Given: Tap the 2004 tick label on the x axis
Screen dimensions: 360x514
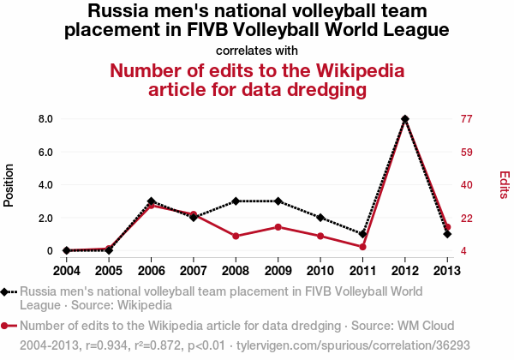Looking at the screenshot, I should coord(67,271).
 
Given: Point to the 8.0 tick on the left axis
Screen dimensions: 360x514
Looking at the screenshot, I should coord(45,119).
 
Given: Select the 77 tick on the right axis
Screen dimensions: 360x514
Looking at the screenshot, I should coord(467,119).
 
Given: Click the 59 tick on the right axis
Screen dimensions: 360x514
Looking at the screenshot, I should coord(467,152).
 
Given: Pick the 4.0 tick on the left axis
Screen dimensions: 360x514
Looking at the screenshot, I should coord(45,185).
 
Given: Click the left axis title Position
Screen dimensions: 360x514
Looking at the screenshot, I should coord(9,185).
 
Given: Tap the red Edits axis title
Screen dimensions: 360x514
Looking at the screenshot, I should coord(505,185).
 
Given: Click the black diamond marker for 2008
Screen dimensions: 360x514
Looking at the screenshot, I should coord(236,201).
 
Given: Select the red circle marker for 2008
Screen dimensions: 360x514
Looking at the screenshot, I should coord(236,236).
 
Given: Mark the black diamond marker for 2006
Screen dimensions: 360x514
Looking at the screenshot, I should coord(151,201).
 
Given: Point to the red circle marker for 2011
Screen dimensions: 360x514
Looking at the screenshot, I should coord(363,247).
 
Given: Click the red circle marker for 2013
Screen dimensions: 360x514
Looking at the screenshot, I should coord(447,227).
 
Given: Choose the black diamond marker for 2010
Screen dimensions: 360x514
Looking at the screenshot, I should coord(320,218).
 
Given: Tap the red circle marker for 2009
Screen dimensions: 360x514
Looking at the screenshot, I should coord(278,227).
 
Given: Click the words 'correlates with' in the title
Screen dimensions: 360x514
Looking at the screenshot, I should coord(257,50).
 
